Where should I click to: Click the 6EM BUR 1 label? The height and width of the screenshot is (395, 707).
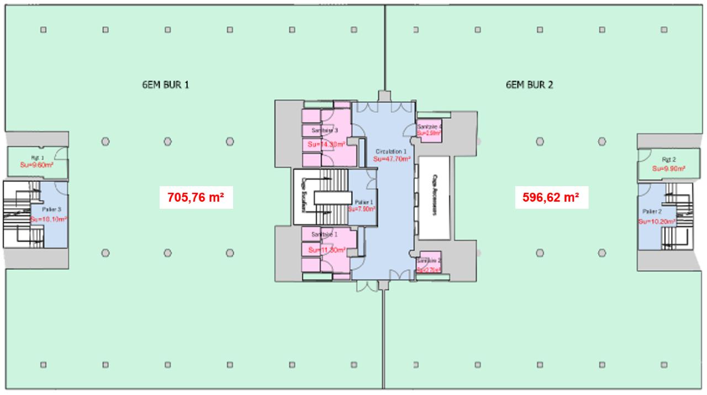click(166, 85)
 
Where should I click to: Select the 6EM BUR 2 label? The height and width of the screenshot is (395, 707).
click(529, 85)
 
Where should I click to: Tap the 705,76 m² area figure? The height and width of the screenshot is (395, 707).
click(196, 197)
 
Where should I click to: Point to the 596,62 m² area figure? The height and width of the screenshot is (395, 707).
click(551, 197)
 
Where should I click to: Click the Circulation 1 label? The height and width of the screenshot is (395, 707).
click(391, 151)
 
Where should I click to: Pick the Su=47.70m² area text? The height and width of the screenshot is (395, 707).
click(392, 159)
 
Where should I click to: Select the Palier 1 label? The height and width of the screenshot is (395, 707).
click(364, 202)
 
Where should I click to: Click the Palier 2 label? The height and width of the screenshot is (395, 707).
click(652, 212)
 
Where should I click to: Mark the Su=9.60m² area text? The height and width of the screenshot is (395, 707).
click(36, 165)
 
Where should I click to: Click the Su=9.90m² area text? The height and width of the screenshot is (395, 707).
click(669, 168)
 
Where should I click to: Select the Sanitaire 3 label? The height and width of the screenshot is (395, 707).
click(325, 130)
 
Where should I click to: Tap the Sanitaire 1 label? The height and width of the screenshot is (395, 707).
click(325, 235)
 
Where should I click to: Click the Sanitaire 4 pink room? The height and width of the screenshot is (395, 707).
click(429, 131)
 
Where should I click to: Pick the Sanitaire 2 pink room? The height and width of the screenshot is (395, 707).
click(429, 264)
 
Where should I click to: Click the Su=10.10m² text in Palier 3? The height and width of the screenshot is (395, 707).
click(49, 219)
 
